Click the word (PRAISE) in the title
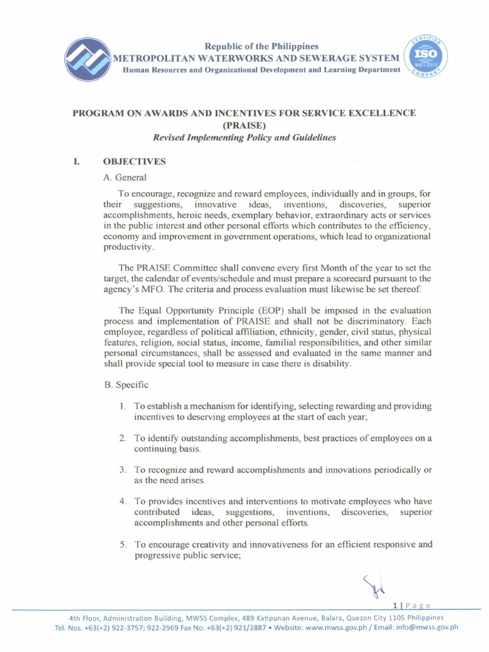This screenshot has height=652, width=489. pyautogui.click(x=244, y=125)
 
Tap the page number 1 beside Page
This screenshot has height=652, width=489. pyautogui.click(x=395, y=605)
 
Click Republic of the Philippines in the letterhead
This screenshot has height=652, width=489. pyautogui.click(x=262, y=46)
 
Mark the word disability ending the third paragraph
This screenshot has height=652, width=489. pyautogui.click(x=329, y=364)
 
